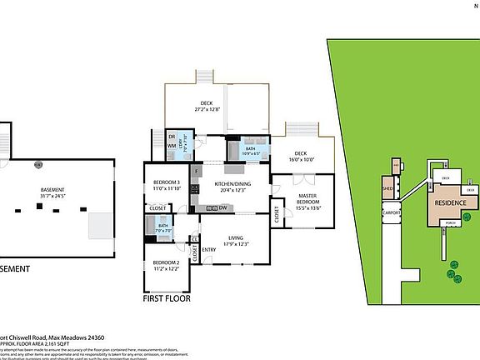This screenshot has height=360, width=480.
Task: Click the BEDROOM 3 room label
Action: tap(166, 182)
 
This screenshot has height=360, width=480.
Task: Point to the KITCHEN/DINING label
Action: tap(233, 184)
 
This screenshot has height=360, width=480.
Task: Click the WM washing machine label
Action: tap(172, 146)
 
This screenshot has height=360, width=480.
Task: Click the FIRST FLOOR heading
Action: tap(165, 297)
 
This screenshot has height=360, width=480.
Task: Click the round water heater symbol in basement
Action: tap(37, 164)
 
